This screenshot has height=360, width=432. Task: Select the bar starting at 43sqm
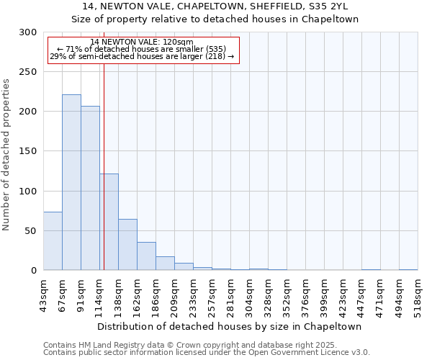pos(53,241)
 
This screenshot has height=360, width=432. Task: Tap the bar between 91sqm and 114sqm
pos(90,188)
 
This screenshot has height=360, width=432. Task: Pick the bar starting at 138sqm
pos(127,245)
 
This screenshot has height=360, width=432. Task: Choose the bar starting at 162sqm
pos(146,256)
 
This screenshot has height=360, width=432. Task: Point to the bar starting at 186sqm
pos(165,264)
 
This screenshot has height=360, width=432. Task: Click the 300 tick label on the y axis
pos(28,32)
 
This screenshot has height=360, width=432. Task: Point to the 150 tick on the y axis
pos(28,151)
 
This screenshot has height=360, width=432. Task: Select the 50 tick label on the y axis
pos(31,231)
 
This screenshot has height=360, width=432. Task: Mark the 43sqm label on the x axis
pos(43,296)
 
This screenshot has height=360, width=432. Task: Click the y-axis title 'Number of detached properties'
pos(6,155)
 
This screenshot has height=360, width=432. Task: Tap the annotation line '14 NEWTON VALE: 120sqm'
pos(142,42)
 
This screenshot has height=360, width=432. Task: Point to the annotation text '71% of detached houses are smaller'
pos(142,49)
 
